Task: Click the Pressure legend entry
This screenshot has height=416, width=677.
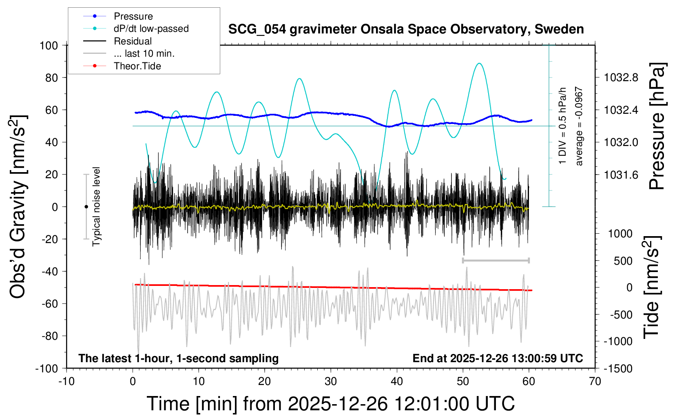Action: click(x=133, y=16)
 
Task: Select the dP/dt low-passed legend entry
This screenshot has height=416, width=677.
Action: click(x=151, y=29)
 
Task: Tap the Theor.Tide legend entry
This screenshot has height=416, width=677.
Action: click(x=137, y=66)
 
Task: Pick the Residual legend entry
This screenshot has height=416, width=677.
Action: click(x=133, y=41)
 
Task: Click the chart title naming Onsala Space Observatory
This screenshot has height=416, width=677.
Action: click(x=406, y=29)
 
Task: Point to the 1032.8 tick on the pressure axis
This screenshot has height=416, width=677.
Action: click(x=621, y=77)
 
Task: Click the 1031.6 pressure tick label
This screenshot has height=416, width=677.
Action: click(x=621, y=175)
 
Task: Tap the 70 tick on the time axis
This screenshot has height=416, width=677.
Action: click(x=595, y=382)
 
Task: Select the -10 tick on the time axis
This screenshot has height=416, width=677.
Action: click(x=66, y=382)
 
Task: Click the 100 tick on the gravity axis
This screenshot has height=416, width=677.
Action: click(x=49, y=45)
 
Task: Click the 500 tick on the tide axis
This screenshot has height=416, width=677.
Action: click(x=623, y=261)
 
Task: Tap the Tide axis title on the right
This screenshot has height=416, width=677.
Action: click(x=652, y=287)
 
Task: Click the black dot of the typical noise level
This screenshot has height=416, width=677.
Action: click(x=86, y=207)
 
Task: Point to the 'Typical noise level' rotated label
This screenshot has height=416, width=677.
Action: click(x=96, y=207)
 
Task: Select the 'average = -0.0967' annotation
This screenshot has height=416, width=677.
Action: click(x=579, y=126)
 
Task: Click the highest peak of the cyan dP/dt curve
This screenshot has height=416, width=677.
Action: click(x=480, y=64)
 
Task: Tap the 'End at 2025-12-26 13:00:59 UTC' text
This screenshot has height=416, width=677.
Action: click(x=498, y=358)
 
